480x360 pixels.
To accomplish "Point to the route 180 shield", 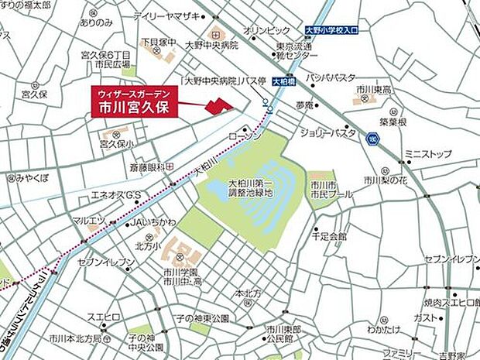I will (x=373, y=137).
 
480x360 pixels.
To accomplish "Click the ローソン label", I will (x=246, y=136).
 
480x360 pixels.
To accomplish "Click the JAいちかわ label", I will (x=149, y=223).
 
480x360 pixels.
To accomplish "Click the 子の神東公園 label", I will (x=202, y=318).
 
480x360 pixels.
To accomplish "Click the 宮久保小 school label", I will (x=116, y=144).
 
